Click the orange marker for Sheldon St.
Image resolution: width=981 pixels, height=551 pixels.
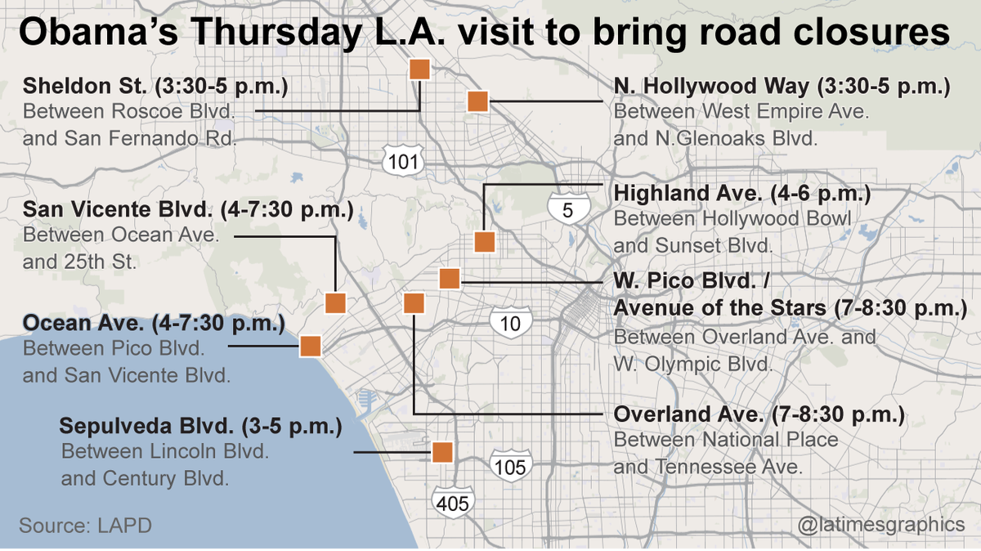coord(419,69)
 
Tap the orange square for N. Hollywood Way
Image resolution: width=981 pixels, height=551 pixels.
coord(477,101)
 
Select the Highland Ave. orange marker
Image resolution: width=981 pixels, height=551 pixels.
coord(485,242)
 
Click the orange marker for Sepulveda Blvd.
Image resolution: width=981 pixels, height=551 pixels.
coord(442,452)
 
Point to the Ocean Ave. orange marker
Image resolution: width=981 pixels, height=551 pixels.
coord(310,346)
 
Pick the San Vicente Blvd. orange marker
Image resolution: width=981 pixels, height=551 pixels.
coord(336,302)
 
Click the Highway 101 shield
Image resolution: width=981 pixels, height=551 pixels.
coord(402,162)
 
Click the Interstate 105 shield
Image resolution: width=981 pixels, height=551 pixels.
coord(511,467)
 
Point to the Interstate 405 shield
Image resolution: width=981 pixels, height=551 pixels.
coord(452,502)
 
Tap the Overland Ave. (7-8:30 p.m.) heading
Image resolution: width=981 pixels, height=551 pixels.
coord(759,415)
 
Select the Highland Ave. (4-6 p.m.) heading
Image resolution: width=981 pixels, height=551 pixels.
coord(741,195)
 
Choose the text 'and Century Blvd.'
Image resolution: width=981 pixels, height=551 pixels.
coord(145,477)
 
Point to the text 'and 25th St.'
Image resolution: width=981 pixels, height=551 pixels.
coord(79,262)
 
